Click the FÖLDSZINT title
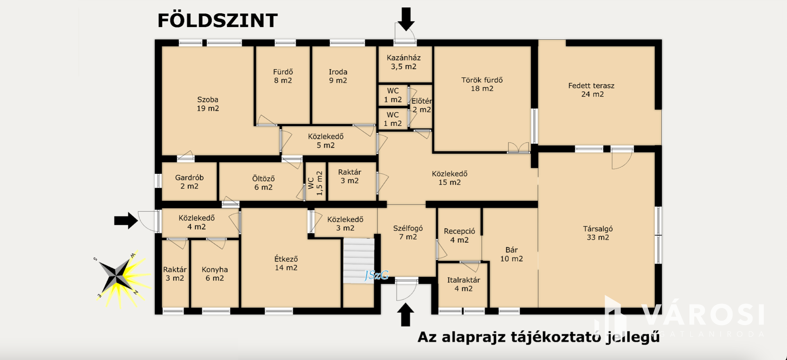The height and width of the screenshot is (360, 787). click(x=218, y=20)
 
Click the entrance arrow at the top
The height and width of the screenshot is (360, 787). click(x=406, y=19)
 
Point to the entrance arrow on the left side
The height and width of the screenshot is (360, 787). click(x=126, y=221)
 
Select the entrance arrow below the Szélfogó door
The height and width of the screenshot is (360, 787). click(x=405, y=314)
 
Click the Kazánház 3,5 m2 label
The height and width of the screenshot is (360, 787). click(x=404, y=62)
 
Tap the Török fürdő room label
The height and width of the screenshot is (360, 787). click(x=482, y=84)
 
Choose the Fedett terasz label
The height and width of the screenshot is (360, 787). click(x=591, y=90)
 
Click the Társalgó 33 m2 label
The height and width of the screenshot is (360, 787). click(x=598, y=233)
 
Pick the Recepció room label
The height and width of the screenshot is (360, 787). click(x=459, y=236)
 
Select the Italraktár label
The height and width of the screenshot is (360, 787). click(x=464, y=284)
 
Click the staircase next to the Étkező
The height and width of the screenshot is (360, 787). click(x=359, y=261)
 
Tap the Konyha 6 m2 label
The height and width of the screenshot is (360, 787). click(x=215, y=274)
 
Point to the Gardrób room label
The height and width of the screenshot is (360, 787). click(x=189, y=182)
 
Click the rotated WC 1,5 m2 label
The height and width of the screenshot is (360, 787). click(x=315, y=183)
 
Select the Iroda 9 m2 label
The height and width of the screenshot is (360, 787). click(x=338, y=76)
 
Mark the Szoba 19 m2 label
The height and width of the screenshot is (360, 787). click(x=208, y=104)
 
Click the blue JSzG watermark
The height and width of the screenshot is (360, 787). click(x=377, y=275)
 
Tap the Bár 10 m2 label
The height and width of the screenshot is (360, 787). click(x=512, y=254)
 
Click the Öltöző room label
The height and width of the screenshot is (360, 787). click(x=263, y=183)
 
